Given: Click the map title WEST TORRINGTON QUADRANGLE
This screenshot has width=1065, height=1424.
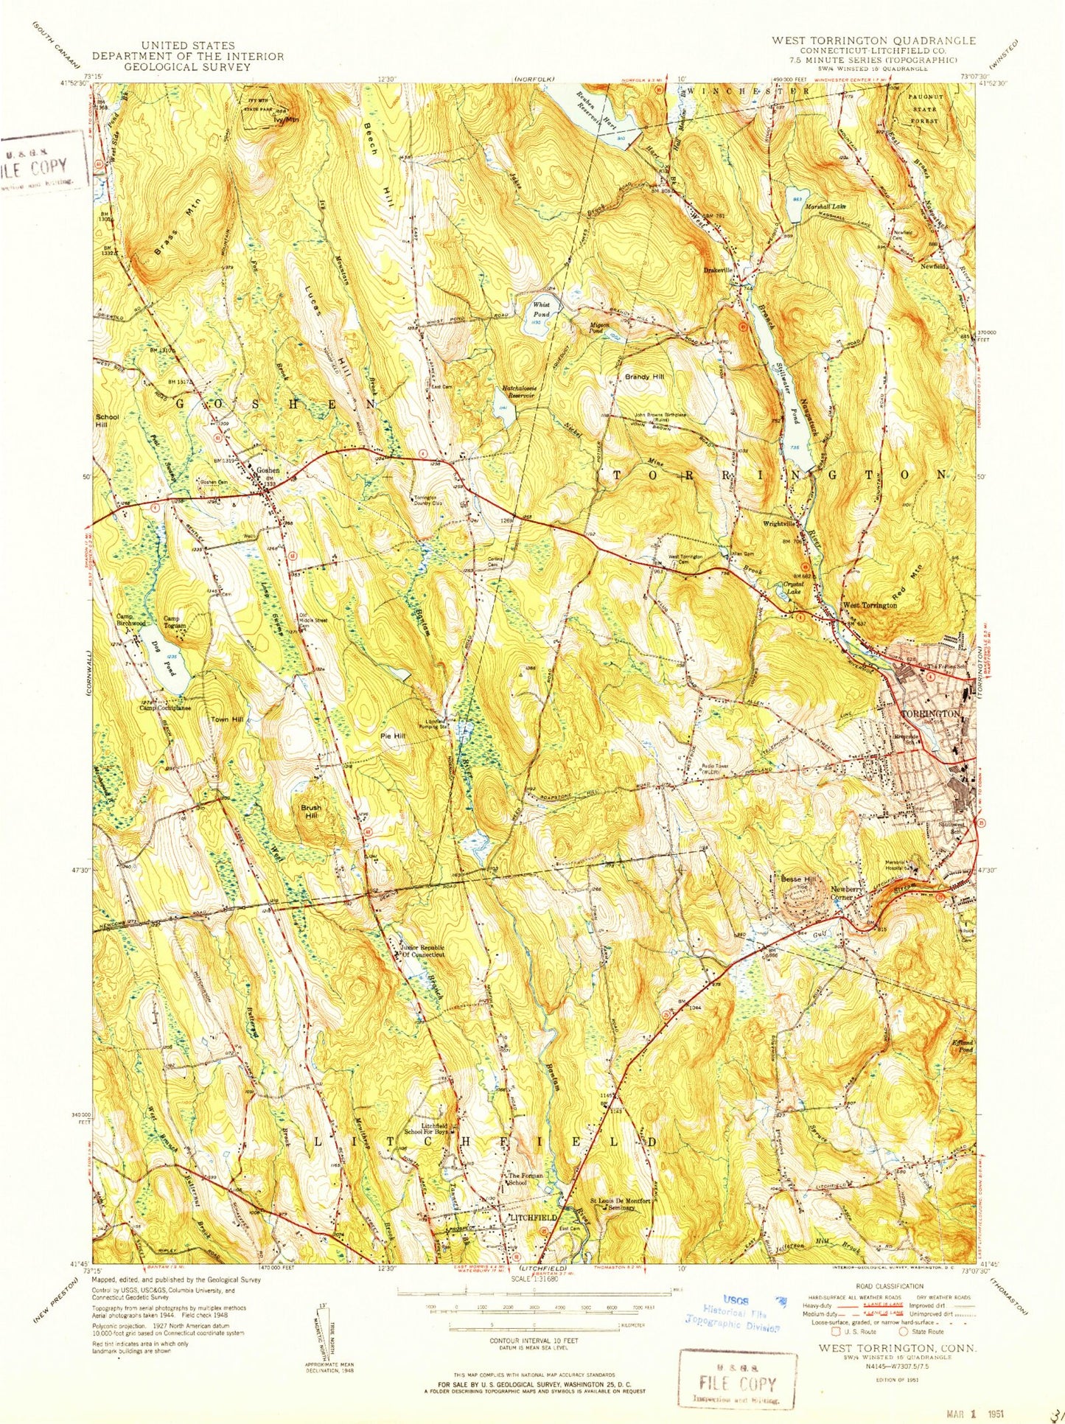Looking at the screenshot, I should [873, 41].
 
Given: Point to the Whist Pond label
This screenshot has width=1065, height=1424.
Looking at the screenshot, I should [542, 309].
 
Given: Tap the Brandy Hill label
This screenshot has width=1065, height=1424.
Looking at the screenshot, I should [644, 377].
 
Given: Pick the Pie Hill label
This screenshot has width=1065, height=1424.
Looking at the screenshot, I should [392, 736].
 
